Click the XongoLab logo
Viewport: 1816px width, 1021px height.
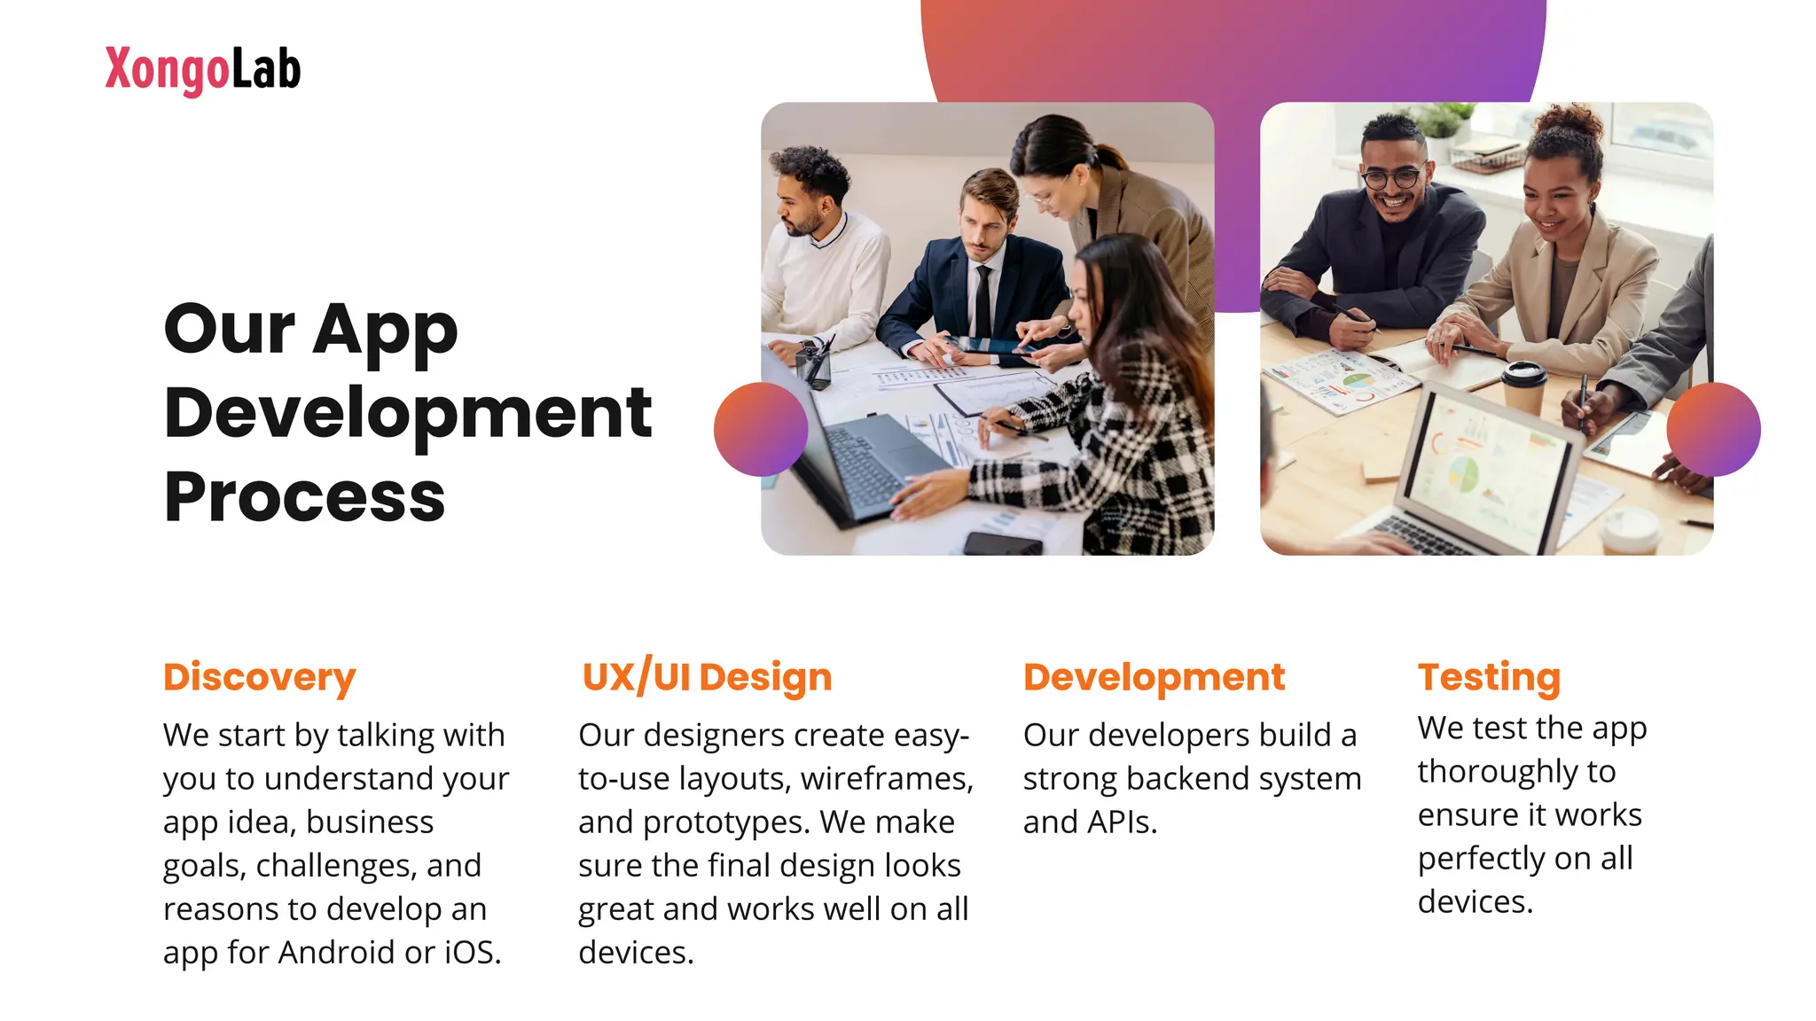202,70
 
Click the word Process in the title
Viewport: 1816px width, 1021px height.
304,498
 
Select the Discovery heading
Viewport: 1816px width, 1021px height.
259,677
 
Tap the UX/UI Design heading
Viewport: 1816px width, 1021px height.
707,677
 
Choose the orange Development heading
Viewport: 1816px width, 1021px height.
1153,677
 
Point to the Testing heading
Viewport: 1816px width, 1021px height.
1489,677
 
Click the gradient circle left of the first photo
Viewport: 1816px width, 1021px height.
760,429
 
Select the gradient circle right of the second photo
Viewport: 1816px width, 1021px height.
1713,429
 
